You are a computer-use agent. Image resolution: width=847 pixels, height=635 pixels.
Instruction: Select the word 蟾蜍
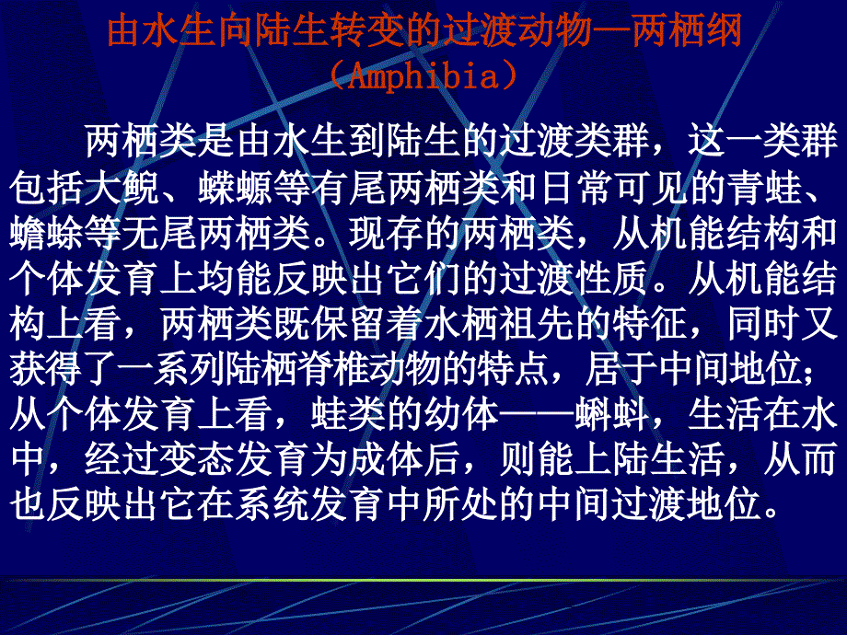click(46, 234)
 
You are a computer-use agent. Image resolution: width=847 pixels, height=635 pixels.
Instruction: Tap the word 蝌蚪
click(612, 415)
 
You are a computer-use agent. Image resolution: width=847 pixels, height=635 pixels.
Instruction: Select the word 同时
click(764, 325)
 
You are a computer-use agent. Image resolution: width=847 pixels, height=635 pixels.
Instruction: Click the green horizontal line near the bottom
click(423, 581)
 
